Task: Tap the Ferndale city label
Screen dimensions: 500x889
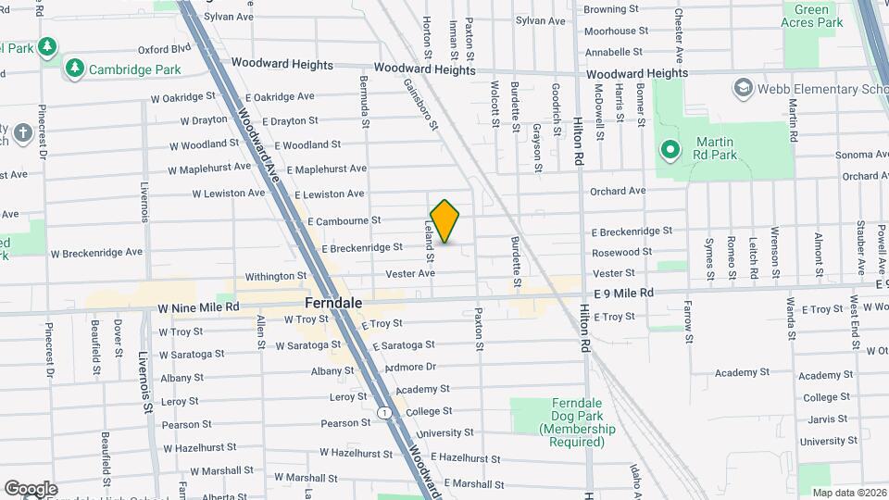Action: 333,303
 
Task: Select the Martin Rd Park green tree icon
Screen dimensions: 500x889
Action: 670,148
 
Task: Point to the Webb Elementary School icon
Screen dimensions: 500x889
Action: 743,89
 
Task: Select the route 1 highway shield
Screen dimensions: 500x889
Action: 383,411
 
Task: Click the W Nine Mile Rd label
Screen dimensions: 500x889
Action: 198,306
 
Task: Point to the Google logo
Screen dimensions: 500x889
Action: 31,489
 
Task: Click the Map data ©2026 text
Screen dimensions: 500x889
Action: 847,493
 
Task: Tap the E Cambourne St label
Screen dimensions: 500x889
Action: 344,221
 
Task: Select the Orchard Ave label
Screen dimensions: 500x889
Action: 618,191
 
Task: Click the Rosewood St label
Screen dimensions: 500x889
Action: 616,252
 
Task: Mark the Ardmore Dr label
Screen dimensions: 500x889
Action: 410,368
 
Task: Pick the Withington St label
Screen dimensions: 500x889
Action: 275,276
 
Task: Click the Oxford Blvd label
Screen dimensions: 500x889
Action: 164,50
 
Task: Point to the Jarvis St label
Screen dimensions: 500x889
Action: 822,419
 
